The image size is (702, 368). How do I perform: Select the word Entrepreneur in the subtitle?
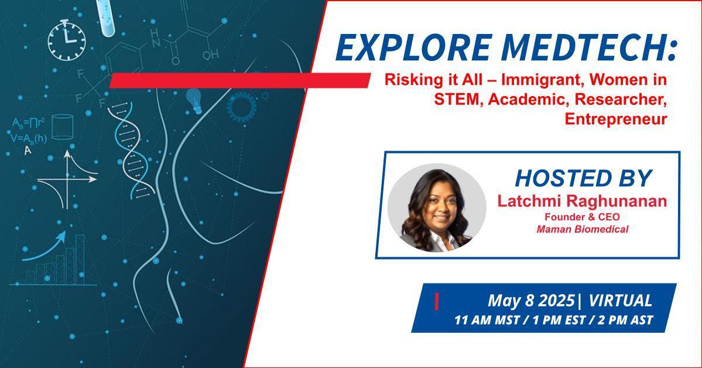click(x=615, y=119)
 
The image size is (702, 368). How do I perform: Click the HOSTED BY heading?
click(x=583, y=178)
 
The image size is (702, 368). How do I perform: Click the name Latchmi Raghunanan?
click(x=582, y=201)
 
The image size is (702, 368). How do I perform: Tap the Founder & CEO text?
click(x=582, y=217)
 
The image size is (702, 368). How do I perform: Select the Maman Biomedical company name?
click(x=583, y=229)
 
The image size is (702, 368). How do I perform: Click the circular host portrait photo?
click(x=437, y=207)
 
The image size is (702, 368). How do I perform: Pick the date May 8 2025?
click(x=530, y=300)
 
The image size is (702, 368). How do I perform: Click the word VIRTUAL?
click(x=621, y=300)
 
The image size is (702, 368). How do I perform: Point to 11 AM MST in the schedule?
click(x=487, y=321)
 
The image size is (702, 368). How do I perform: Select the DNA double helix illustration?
click(x=131, y=150)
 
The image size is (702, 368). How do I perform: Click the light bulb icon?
click(x=194, y=100)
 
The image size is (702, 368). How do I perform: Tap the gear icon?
click(x=241, y=106)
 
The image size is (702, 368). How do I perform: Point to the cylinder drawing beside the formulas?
click(x=62, y=127)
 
